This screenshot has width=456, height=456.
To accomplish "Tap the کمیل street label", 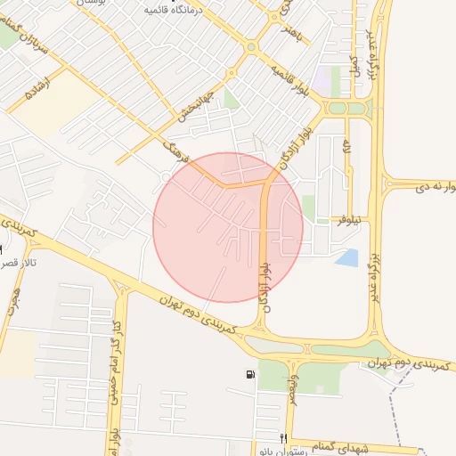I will (x=354, y=64).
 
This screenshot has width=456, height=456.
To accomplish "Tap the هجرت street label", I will (x=12, y=307).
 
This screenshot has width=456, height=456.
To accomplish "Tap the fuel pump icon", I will (x=246, y=374).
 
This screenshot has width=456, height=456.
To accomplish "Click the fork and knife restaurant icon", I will (x=283, y=438).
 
